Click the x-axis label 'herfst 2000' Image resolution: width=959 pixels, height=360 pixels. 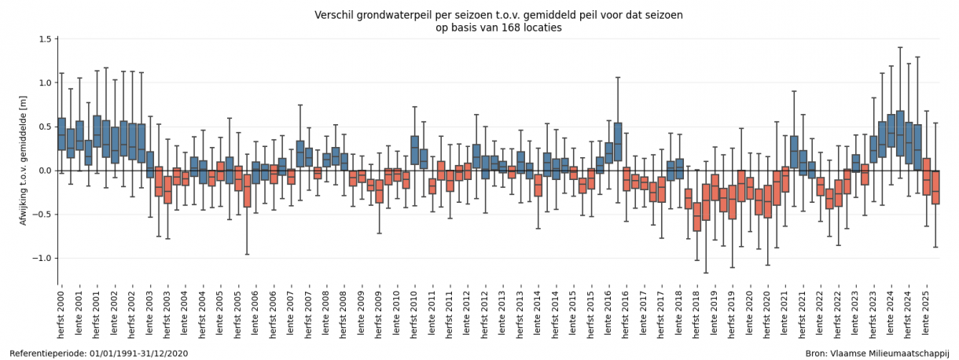(x=62, y=314)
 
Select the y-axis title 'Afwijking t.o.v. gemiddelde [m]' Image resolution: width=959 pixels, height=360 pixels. (x=24, y=161)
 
